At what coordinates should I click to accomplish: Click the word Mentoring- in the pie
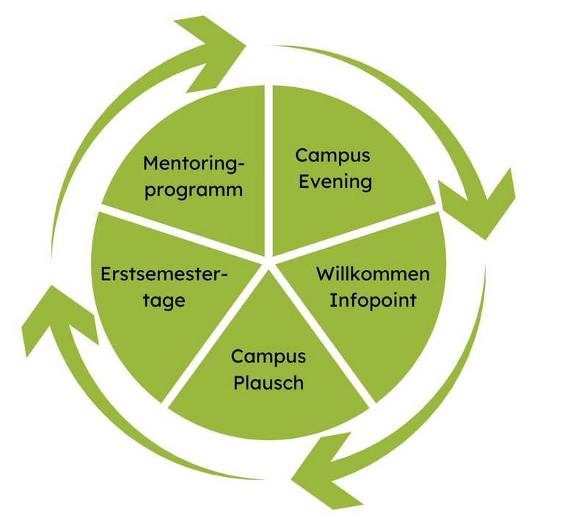coord(192,164)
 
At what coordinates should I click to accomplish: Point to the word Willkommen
coord(373,274)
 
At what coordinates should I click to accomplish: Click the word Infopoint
coord(373,300)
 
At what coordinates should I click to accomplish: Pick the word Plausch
coord(269,382)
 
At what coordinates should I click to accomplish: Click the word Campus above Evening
coord(333,156)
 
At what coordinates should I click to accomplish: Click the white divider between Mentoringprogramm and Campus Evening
coord(269,169)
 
